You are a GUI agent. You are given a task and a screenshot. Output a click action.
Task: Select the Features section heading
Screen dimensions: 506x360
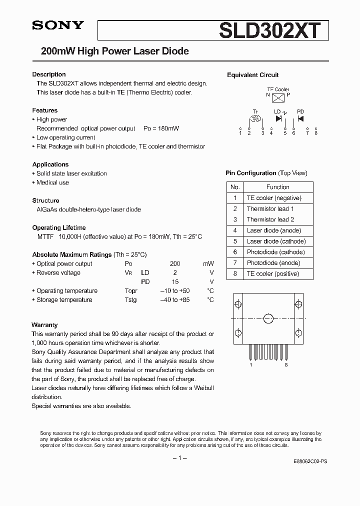45,110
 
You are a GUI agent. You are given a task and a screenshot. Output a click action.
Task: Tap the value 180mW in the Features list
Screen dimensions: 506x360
168,128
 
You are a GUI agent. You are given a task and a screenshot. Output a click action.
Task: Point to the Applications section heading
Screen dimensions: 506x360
50,164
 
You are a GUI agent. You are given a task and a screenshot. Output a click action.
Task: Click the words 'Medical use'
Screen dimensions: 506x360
52,182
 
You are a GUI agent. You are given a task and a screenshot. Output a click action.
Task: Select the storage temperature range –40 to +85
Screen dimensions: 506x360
174,300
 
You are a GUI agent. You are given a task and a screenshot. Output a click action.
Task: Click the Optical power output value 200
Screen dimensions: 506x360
175,263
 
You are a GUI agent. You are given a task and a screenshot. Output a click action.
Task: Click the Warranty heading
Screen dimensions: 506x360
44,325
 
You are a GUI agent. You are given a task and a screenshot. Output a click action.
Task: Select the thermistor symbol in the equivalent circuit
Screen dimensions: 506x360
255,119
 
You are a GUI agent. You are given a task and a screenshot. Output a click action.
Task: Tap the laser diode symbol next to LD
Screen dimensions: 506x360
278,118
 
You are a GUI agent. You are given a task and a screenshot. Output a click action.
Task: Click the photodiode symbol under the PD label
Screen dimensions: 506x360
300,118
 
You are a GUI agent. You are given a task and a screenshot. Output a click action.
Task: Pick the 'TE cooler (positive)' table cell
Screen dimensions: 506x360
272,274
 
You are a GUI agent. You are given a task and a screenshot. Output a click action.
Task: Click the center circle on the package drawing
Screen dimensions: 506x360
268,318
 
